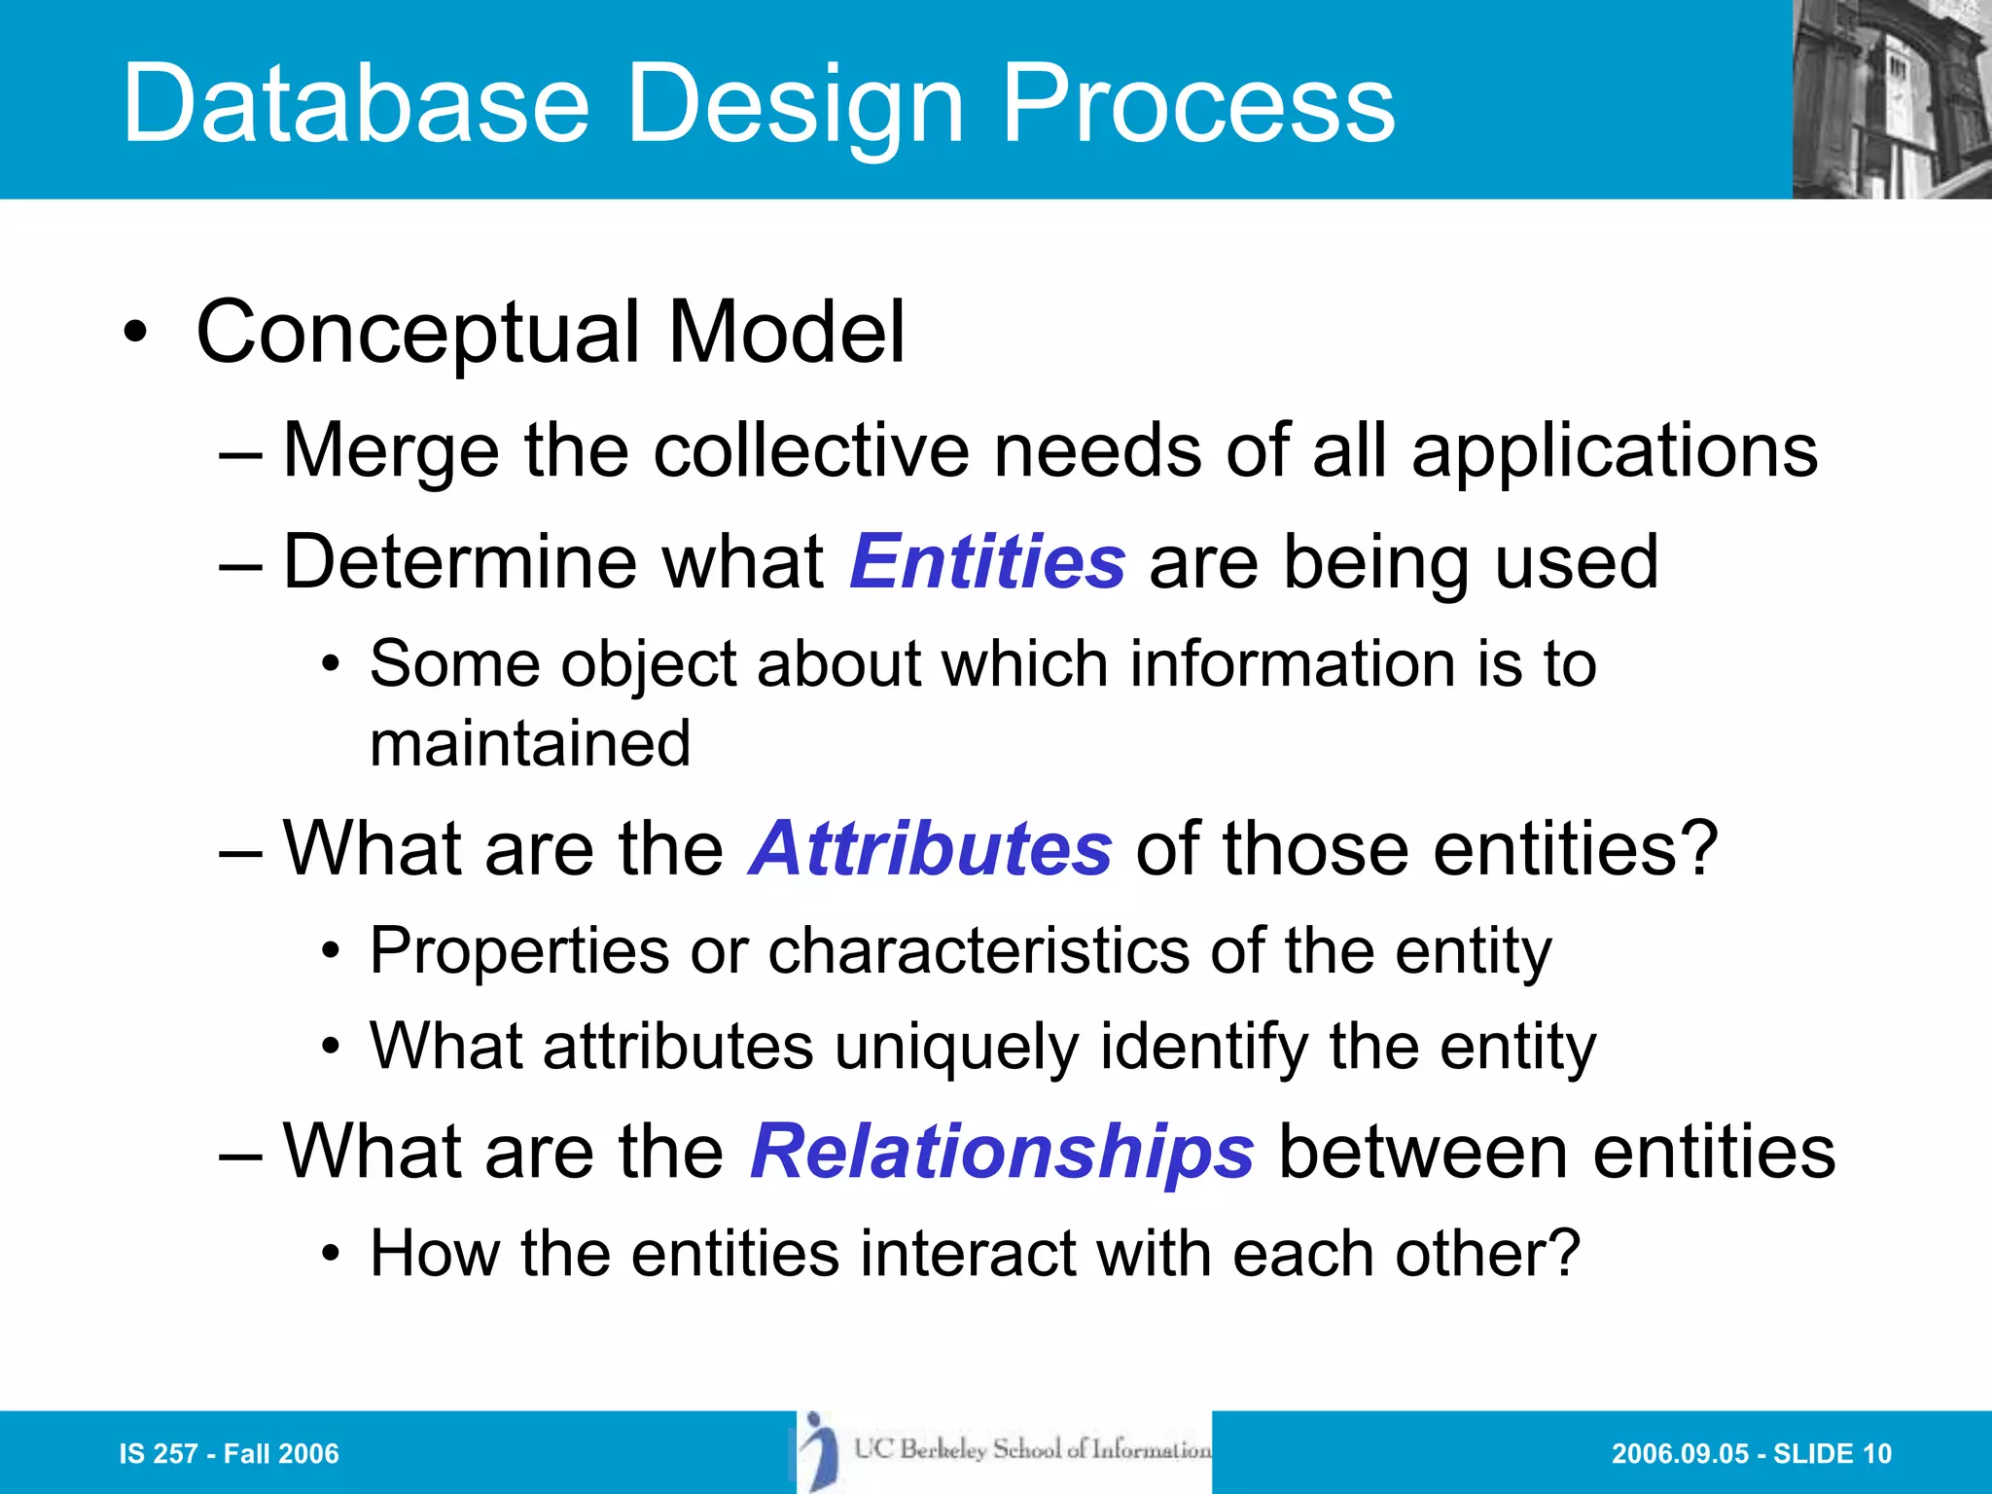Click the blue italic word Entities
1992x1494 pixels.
987,562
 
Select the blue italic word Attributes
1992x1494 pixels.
930,848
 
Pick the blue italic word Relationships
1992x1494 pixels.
1002,1152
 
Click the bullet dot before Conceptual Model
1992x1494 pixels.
135,334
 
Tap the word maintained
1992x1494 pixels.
530,744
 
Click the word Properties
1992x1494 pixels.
519,950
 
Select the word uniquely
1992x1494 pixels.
956,1048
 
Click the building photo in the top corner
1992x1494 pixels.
1891,99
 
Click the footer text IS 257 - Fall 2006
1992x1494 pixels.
229,1454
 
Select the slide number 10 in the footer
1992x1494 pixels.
1876,1454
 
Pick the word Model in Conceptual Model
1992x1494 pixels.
786,333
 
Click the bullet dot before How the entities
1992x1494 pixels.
332,1255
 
